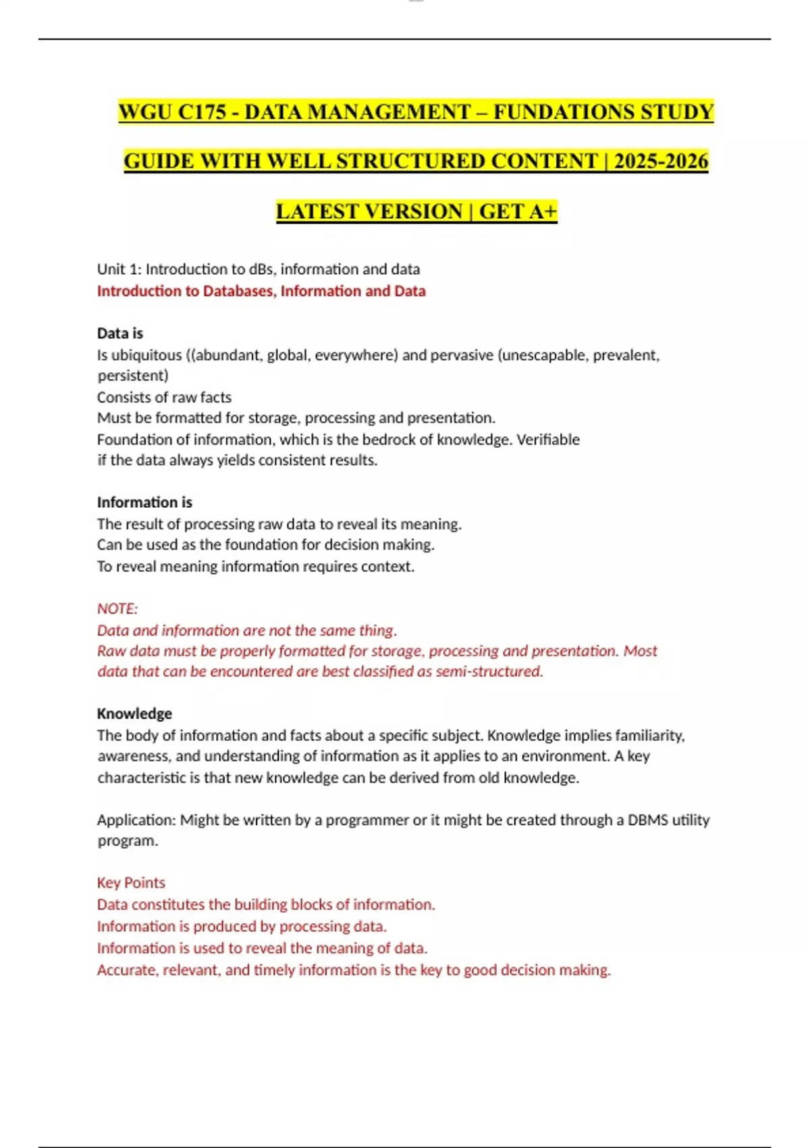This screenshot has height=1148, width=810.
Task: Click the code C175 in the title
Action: pyautogui.click(x=202, y=111)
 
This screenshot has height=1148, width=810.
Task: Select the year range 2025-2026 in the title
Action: pyautogui.click(x=661, y=161)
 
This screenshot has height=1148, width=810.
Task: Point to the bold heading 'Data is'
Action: pyautogui.click(x=120, y=333)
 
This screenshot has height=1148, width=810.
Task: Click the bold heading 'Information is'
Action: pyautogui.click(x=144, y=502)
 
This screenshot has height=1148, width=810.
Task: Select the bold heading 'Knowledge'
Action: pyautogui.click(x=134, y=714)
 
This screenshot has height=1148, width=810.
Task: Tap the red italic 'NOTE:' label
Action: pyautogui.click(x=117, y=608)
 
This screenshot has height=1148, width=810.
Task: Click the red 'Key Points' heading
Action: pyautogui.click(x=131, y=883)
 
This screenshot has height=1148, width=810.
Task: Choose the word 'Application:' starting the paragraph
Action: pyautogui.click(x=136, y=820)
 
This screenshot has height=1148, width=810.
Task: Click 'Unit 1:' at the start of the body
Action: pyautogui.click(x=119, y=269)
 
